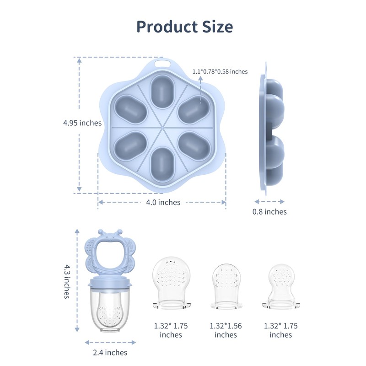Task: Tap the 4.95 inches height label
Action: tap(82, 123)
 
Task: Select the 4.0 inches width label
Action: tap(163, 202)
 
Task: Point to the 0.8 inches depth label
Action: tap(269, 211)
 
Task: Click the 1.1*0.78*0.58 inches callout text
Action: tap(220, 71)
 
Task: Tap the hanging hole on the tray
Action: tap(162, 63)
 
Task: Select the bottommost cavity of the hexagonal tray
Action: tap(162, 164)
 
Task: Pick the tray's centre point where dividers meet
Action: tap(162, 128)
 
